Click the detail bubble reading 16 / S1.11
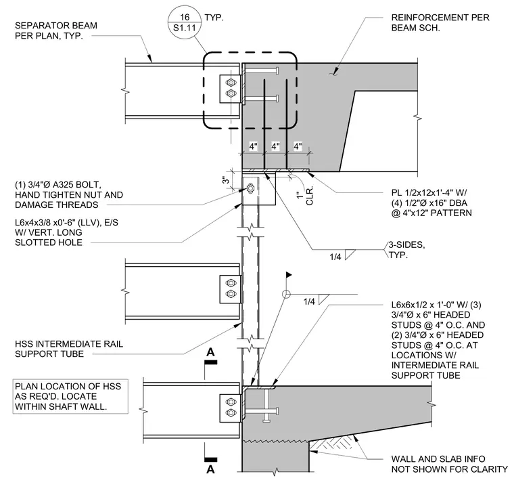(184, 22)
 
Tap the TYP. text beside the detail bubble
(214, 18)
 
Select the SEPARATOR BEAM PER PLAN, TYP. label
(56, 30)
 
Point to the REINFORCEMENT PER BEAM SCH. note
(440, 22)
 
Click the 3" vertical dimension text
(225, 180)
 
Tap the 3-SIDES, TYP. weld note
(406, 250)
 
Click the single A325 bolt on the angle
(250, 188)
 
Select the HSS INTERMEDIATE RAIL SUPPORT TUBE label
(69, 349)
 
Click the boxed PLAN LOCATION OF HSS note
(70, 396)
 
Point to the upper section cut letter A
(210, 352)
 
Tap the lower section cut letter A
(210, 469)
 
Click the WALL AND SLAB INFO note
(449, 464)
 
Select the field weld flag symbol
(289, 274)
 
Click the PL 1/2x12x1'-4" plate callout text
(431, 202)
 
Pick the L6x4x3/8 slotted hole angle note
(66, 232)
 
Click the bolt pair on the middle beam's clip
(231, 289)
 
